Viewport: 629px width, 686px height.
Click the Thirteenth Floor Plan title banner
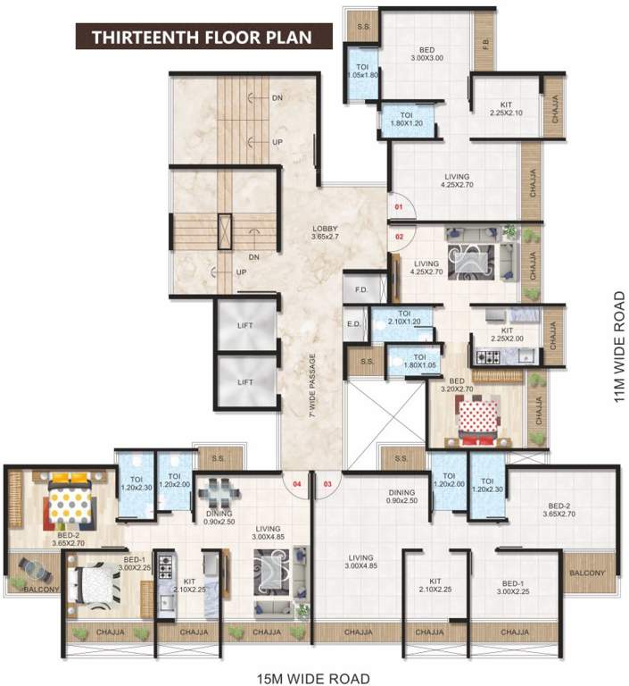[203, 37]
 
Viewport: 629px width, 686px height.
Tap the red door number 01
[399, 206]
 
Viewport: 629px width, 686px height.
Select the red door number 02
[399, 237]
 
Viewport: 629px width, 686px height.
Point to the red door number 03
[327, 484]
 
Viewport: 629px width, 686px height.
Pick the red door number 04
[297, 484]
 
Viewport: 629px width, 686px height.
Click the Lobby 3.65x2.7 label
[325, 232]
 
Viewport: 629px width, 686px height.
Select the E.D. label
[353, 323]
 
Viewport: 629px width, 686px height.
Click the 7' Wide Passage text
[312, 386]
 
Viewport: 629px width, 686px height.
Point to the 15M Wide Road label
[313, 679]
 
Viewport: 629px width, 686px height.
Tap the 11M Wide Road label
[619, 346]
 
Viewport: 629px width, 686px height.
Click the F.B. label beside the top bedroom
[486, 44]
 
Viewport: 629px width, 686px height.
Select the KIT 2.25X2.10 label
[506, 109]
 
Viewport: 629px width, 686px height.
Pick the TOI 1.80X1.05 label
[419, 361]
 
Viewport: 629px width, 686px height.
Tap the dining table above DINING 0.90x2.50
[219, 493]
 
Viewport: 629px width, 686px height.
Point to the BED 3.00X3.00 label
[427, 54]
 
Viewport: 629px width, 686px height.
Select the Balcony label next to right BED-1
[587, 573]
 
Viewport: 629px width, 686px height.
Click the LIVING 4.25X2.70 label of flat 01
[457, 180]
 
